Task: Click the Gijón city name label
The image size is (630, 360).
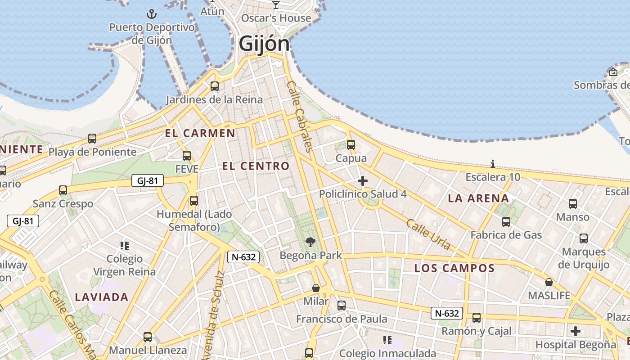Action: [x=264, y=44]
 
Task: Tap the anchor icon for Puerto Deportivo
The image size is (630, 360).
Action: [x=152, y=14]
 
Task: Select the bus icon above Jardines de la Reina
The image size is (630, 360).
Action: [x=215, y=86]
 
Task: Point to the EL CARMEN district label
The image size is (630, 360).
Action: [x=200, y=133]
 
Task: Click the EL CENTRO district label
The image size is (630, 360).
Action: [x=256, y=166]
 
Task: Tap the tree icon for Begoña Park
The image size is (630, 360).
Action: [x=310, y=242]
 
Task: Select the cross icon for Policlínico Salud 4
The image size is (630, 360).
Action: [x=362, y=181]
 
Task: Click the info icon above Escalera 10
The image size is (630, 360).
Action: [x=493, y=164]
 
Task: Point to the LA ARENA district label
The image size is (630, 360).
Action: [x=478, y=198]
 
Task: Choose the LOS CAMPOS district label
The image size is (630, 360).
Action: [x=454, y=269]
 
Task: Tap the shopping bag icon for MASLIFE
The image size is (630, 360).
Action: [x=549, y=282]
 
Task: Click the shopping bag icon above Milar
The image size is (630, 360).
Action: [x=316, y=288]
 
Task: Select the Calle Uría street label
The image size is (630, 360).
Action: [x=427, y=234]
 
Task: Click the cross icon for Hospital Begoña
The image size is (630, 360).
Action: [x=575, y=332]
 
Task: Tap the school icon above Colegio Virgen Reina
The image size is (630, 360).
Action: [x=124, y=245]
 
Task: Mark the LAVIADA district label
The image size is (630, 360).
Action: [x=102, y=297]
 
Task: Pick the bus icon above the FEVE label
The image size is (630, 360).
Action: [x=186, y=156]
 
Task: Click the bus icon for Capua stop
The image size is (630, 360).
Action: [x=351, y=145]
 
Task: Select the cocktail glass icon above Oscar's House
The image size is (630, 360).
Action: [x=276, y=5]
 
